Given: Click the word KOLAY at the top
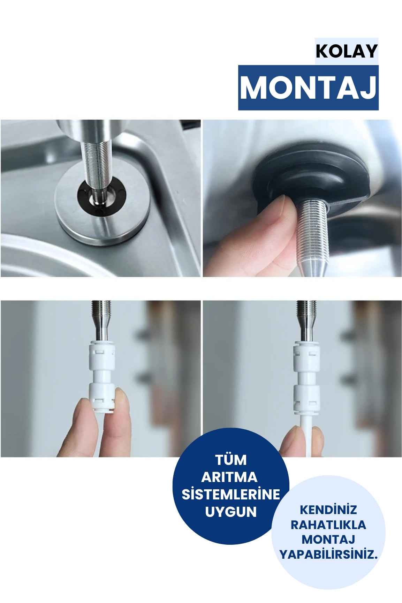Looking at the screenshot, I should (346, 51).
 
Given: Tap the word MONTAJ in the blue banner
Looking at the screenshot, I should (308, 88).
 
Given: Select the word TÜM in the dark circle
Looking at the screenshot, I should (231, 460).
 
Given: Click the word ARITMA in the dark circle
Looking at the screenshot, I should (230, 477).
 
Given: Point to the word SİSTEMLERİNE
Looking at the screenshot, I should (231, 495).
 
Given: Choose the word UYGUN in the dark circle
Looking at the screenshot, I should (230, 512).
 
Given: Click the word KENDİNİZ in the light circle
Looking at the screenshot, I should (328, 510).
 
